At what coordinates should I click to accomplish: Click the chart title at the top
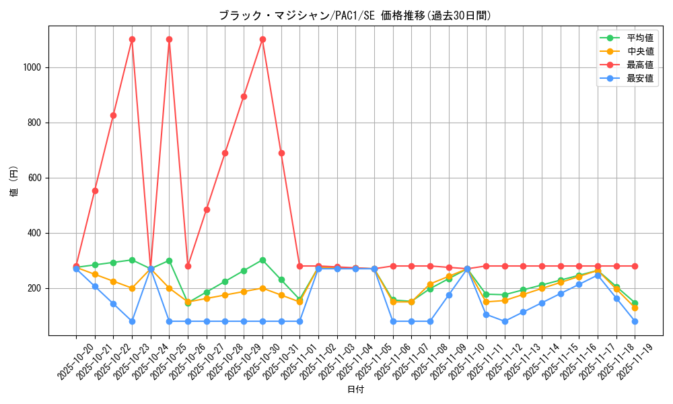coord(355,15)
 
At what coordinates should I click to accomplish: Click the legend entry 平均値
coord(640,38)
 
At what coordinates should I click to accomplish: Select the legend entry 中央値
coord(640,51)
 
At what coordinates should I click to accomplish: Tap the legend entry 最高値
coord(640,65)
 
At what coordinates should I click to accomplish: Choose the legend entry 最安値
coord(640,78)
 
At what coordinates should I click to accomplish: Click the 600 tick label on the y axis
coord(36,178)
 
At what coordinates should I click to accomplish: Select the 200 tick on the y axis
coord(36,288)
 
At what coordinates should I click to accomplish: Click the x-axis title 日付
coord(355,390)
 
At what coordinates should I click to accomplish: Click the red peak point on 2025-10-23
coord(132,39)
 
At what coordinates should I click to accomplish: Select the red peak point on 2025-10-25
coord(169,39)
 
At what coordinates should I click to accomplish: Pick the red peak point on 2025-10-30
coord(262,39)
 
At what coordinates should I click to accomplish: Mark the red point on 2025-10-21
coord(95,191)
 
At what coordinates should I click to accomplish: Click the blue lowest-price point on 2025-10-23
coord(132,321)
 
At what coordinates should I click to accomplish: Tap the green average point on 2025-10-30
coord(262,260)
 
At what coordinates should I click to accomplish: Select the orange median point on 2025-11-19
coord(635,308)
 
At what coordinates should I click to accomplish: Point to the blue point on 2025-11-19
coord(635,321)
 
